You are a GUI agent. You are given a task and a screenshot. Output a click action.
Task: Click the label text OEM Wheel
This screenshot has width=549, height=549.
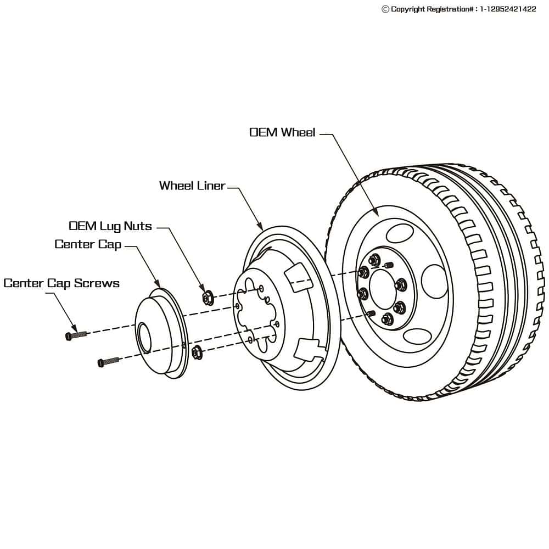[282, 132]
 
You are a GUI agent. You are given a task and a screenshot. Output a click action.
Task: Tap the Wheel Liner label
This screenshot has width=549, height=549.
[192, 186]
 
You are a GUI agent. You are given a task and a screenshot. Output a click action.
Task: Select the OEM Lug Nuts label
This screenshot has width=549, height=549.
[110, 226]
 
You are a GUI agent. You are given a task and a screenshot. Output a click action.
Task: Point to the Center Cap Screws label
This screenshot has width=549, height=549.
[61, 283]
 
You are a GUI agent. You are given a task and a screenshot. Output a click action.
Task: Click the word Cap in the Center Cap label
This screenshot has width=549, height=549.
[109, 244]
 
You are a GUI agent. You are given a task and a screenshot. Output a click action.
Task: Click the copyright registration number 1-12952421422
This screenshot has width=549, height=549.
[508, 9]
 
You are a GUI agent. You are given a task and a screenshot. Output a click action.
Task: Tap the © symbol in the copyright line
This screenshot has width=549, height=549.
[385, 9]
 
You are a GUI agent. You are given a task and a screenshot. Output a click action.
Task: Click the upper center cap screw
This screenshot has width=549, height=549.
[75, 335]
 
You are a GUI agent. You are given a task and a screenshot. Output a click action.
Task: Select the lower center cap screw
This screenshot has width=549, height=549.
[108, 362]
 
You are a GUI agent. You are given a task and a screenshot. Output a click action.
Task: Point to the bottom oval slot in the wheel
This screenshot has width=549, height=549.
[418, 336]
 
